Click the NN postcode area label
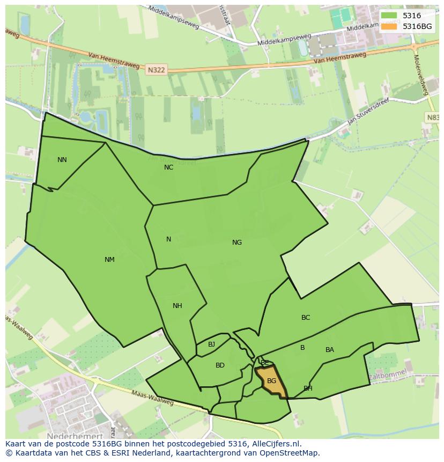(x=62, y=160)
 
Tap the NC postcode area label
(x=168, y=167)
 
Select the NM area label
(x=109, y=260)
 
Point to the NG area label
(x=236, y=243)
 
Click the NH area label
(x=177, y=306)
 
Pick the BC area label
(x=305, y=318)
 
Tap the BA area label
(x=329, y=350)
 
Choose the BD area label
(x=220, y=365)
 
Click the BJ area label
(x=211, y=344)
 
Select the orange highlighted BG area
(x=273, y=382)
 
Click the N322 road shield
(x=156, y=69)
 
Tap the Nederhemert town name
(x=75, y=437)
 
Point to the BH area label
(x=308, y=388)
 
